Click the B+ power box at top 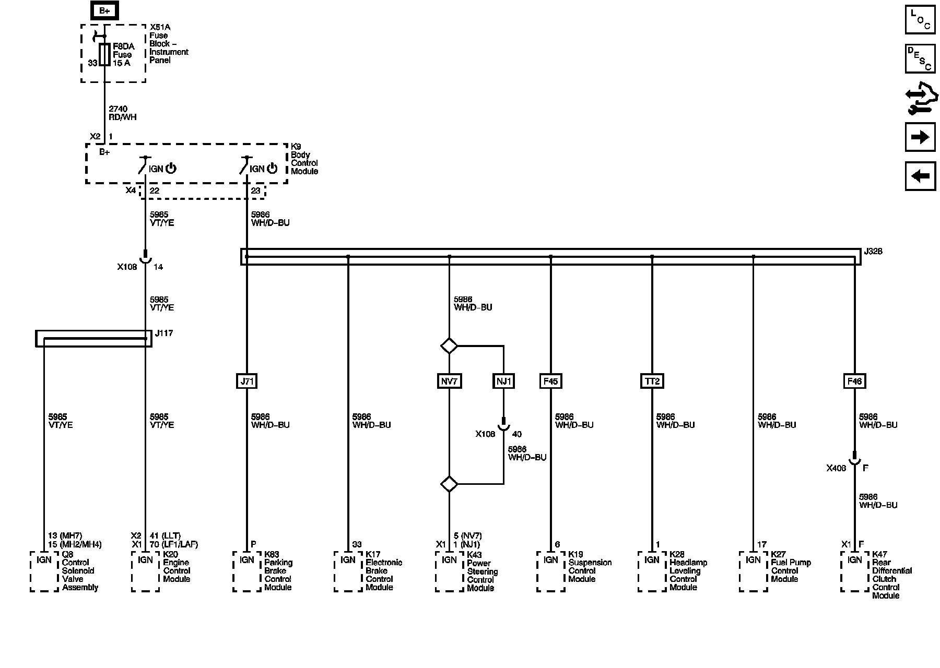click(104, 11)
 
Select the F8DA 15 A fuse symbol click(105, 54)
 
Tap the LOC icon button click(920, 20)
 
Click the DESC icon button click(920, 58)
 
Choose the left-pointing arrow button click(920, 176)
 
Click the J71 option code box click(246, 381)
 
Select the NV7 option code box click(449, 381)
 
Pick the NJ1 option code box click(503, 381)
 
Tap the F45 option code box click(550, 381)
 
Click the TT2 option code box click(652, 381)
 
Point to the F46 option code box click(854, 381)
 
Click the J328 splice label click(873, 252)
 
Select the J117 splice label click(164, 333)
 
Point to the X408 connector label click(836, 468)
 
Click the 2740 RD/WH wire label click(123, 113)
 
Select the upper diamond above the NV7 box click(449, 345)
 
